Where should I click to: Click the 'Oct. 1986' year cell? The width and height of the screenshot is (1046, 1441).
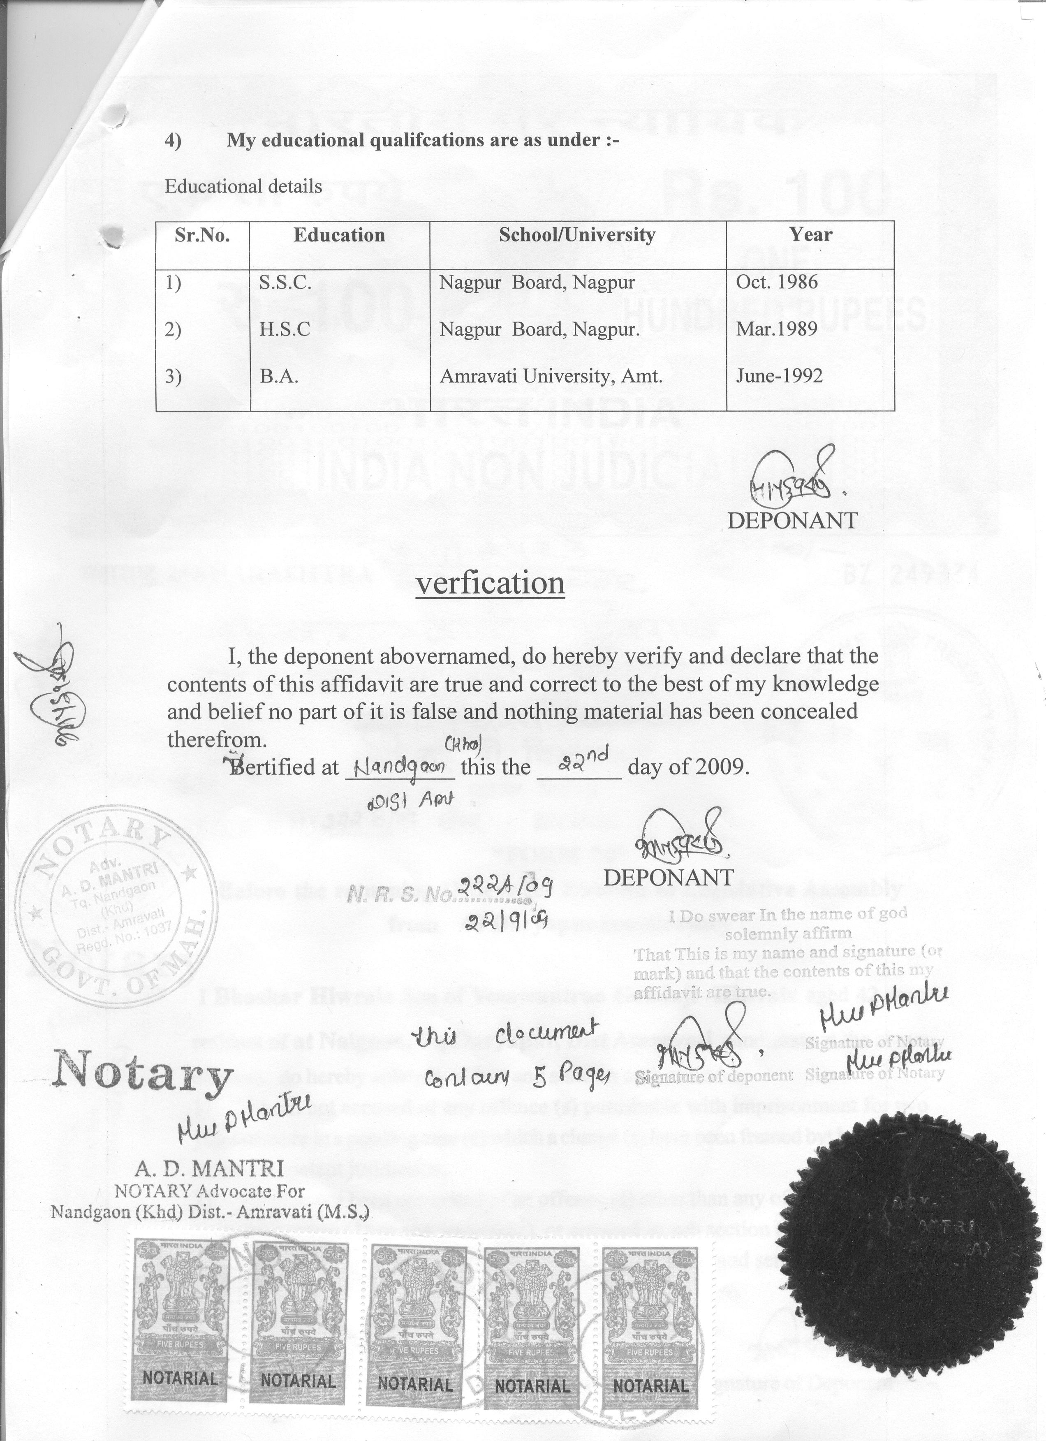click(x=777, y=282)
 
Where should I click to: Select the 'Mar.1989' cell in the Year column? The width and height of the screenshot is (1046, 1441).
click(x=776, y=330)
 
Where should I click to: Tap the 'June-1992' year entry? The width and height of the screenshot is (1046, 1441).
click(x=779, y=376)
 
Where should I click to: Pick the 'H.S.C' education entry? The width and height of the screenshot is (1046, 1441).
click(x=285, y=330)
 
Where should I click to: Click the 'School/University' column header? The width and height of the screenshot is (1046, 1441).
click(x=577, y=235)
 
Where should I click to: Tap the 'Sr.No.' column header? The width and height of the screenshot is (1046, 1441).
click(x=202, y=235)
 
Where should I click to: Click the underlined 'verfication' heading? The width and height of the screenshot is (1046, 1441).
click(x=490, y=583)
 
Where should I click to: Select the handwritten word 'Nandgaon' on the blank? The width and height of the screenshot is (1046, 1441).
click(x=400, y=767)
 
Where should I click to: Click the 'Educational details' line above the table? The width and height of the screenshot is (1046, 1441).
click(x=243, y=187)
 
